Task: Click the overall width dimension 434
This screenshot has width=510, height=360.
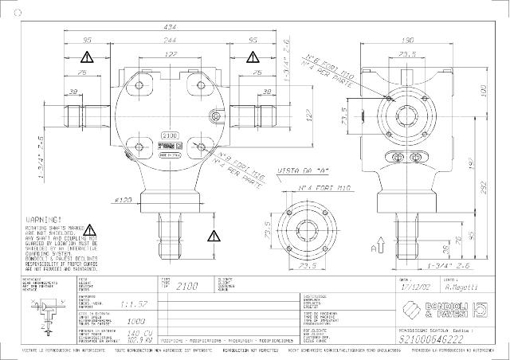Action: (x=171, y=27)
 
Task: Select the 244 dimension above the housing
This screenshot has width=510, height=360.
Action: (x=171, y=39)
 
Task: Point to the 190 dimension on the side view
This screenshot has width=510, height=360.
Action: (x=406, y=39)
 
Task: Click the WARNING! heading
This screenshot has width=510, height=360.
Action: (x=44, y=217)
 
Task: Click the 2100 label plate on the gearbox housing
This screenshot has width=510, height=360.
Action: (x=170, y=136)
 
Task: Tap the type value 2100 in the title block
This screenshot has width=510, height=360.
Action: (x=186, y=285)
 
